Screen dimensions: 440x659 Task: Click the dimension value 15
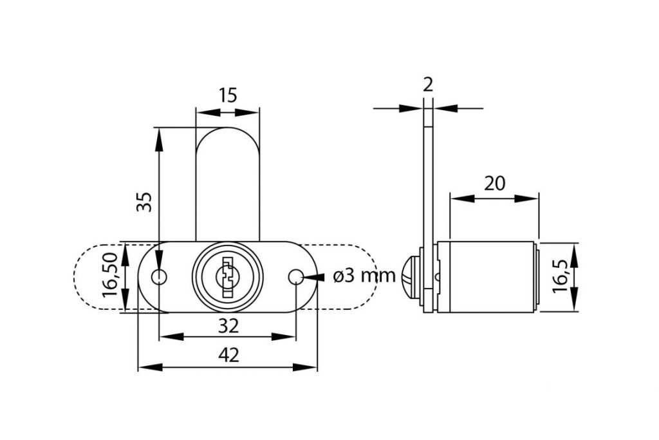(227, 95)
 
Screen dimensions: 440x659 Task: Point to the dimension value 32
(228, 325)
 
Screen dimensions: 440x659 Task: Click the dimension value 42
(228, 355)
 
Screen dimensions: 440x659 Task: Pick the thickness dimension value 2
(429, 84)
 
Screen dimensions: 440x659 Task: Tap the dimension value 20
(494, 184)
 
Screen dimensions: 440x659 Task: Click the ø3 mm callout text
(364, 276)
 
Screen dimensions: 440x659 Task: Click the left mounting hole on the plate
(159, 277)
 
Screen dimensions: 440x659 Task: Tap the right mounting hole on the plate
(295, 277)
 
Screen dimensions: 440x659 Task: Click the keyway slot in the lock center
(227, 278)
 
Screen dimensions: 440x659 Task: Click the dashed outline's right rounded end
(376, 277)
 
